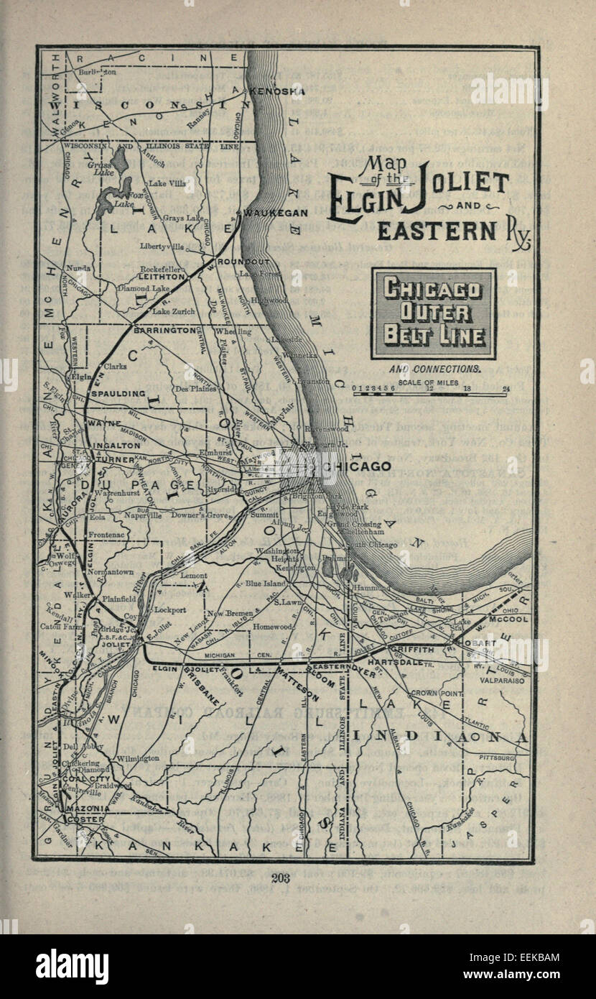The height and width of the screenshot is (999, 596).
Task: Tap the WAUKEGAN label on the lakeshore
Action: [x=276, y=213]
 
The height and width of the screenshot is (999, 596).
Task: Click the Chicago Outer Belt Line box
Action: [x=433, y=313]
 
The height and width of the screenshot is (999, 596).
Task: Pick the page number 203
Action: [x=281, y=876]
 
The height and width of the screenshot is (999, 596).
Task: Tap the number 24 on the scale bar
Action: [x=506, y=389]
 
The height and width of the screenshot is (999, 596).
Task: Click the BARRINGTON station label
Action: [x=164, y=331]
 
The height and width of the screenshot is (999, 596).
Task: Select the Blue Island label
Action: [x=265, y=584]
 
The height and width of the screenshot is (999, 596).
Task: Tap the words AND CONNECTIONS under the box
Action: [x=434, y=369]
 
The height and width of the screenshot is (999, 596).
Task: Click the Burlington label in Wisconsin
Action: [x=98, y=72]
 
